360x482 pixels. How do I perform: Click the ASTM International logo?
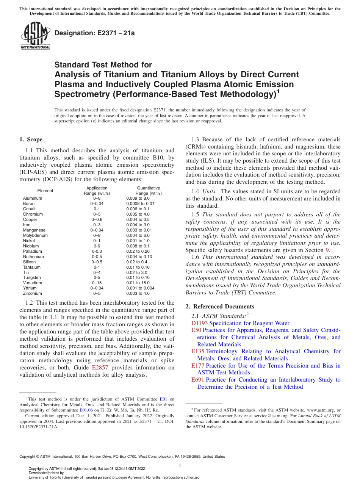tap(35, 36)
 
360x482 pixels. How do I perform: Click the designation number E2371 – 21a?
tap(95, 33)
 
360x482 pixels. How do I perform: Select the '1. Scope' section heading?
tap(31, 139)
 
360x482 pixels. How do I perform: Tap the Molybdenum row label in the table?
tap(35, 235)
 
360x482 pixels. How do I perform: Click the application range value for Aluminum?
tap(97, 198)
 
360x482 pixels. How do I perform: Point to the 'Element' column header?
tap(45, 191)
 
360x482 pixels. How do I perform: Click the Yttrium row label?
tap(30, 288)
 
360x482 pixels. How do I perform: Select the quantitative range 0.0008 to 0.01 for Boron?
tap(140, 203)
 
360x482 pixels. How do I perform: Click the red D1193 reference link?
tap(200, 323)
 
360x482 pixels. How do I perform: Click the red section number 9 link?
tap(327, 250)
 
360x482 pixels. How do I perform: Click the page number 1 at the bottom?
tap(180, 466)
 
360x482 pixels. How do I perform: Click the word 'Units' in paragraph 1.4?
tap(209, 191)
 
